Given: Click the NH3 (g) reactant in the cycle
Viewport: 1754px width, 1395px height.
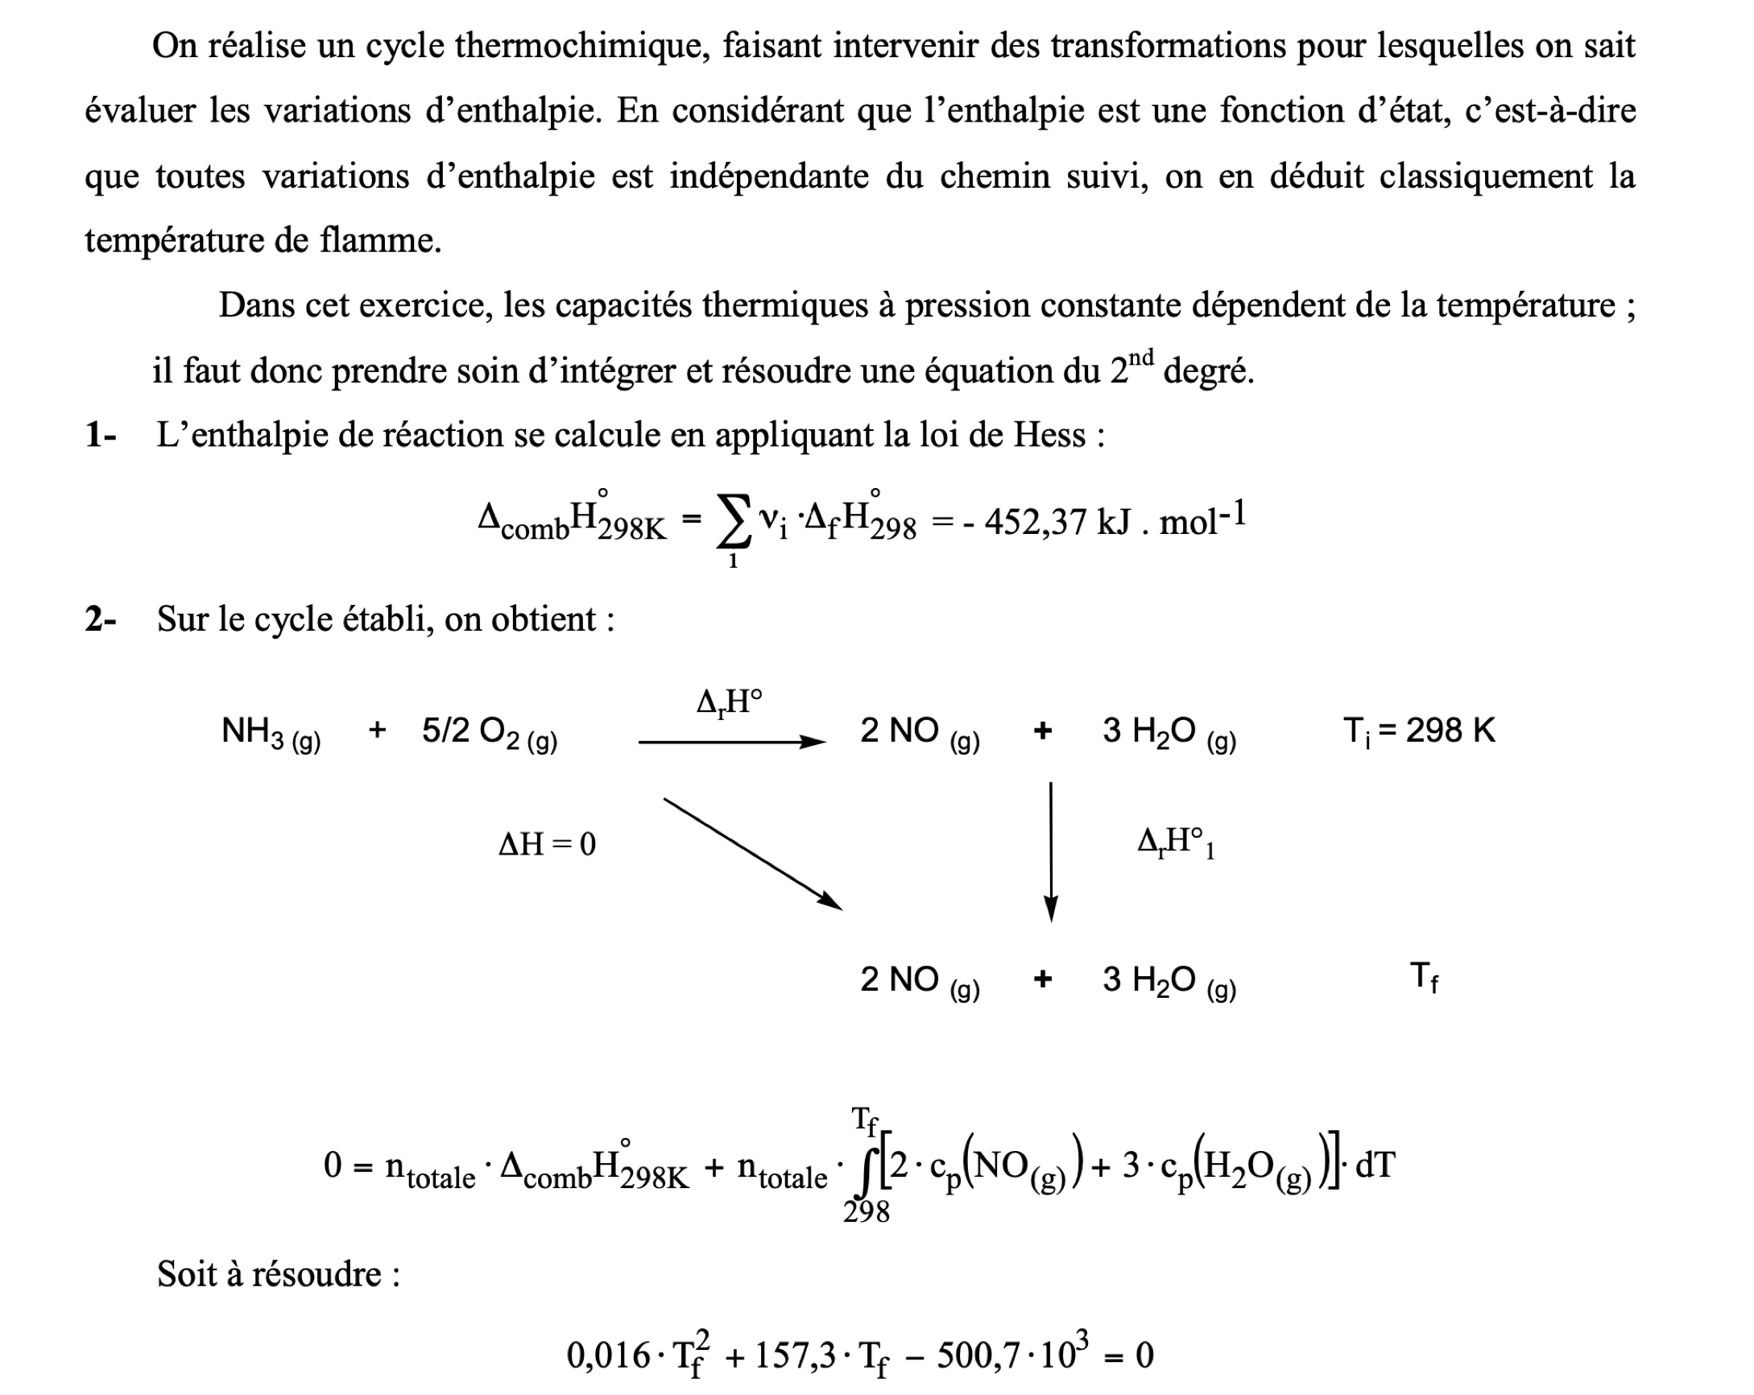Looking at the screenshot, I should pos(271,731).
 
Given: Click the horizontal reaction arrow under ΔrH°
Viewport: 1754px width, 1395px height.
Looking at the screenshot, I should pos(731,741).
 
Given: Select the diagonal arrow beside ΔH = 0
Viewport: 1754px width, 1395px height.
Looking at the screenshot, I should pos(752,853).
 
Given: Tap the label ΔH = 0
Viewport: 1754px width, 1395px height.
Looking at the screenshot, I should pos(547,844).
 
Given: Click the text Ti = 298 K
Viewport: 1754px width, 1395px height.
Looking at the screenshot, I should pos(1419,731).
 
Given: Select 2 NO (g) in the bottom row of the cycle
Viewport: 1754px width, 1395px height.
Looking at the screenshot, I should pos(920,980).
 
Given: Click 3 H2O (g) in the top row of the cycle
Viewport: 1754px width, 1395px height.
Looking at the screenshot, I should pos(1169,731).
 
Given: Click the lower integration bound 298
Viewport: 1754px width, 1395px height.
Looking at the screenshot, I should pos(866,1212).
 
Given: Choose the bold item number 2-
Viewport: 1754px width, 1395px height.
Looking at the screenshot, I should pos(101,619).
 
